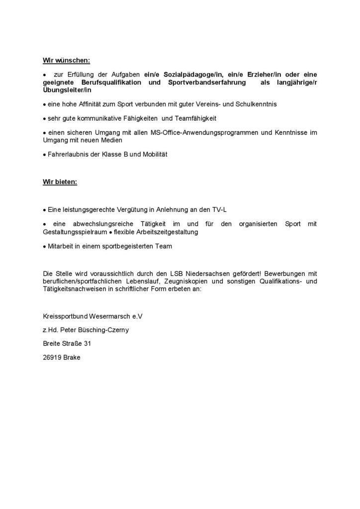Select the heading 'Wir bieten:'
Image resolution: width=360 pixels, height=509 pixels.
(60, 182)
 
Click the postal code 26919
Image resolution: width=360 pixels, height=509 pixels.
(52, 357)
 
